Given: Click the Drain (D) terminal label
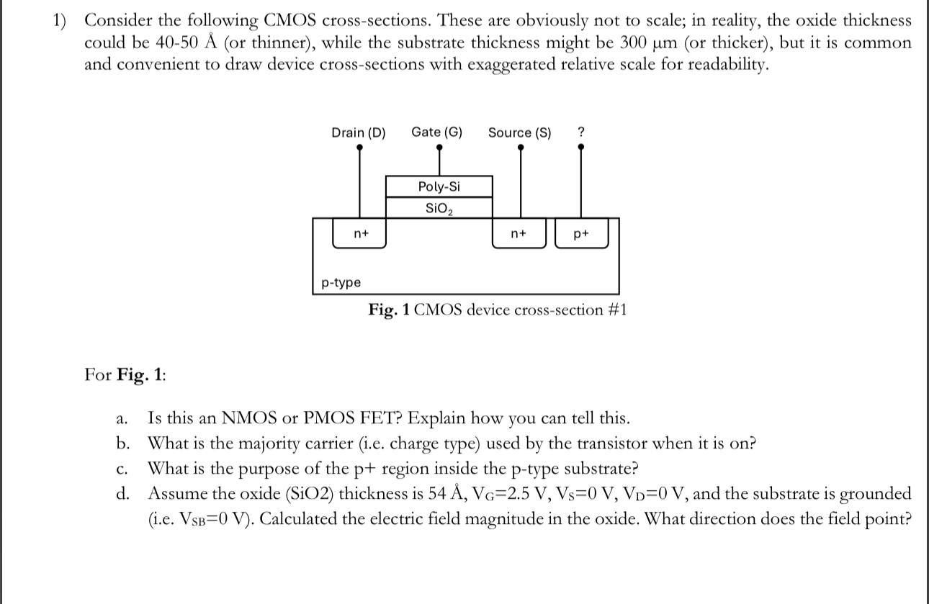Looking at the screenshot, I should tap(358, 132).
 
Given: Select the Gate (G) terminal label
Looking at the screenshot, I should tap(436, 132).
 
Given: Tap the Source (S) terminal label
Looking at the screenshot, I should tap(519, 132).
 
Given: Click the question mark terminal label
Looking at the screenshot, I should tap(581, 132).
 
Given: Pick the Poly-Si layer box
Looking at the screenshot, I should tap(439, 187).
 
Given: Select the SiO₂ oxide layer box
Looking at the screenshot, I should tap(439, 208).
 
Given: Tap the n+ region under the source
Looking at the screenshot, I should tap(519, 233).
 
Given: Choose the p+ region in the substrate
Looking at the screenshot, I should tap(581, 233).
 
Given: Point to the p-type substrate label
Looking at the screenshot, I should tap(341, 283).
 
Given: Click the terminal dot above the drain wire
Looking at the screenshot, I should tap(360, 148).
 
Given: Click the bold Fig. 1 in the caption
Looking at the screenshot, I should tap(389, 310).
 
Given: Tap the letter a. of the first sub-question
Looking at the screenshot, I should tap(122, 418).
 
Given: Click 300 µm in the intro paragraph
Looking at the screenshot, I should tap(649, 42).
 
